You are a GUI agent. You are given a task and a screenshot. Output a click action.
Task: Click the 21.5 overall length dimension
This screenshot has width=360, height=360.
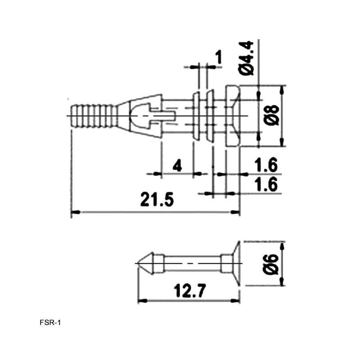tap(157, 199)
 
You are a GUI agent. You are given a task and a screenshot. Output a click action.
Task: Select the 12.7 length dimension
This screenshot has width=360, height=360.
tap(190, 291)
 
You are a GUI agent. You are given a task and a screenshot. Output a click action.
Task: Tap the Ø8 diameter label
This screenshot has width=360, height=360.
tap(272, 116)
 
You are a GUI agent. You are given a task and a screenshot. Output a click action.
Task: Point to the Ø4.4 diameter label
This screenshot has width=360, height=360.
tap(246, 58)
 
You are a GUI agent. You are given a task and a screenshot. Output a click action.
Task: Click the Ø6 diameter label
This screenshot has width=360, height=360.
tap(271, 264)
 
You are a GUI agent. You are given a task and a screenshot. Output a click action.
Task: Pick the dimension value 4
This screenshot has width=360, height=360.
tap(177, 165)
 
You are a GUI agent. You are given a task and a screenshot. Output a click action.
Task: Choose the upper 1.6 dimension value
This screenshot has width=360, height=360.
tap(266, 165)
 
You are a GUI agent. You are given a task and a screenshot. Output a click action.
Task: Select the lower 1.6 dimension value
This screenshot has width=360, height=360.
tap(266, 184)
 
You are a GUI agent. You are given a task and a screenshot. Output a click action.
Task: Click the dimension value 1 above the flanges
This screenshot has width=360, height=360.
tap(219, 57)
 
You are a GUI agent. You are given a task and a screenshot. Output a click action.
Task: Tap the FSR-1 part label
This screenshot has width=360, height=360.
tap(50, 323)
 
